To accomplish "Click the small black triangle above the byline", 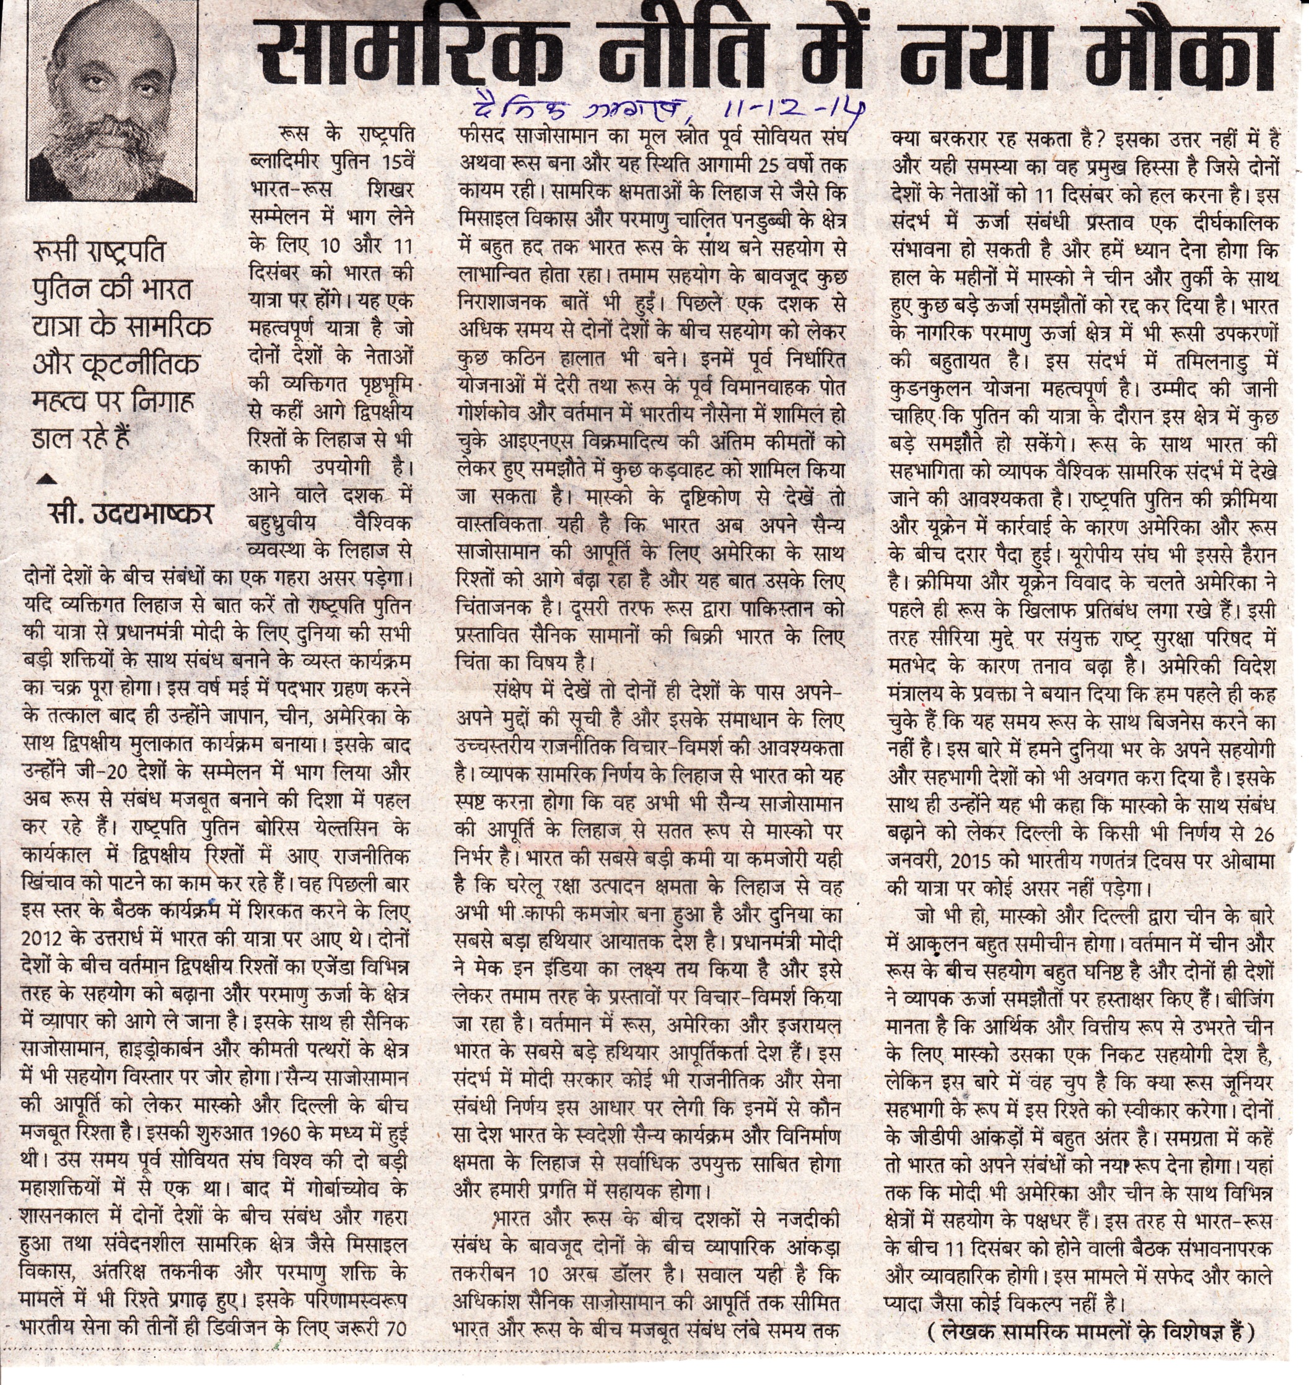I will click(46, 479).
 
